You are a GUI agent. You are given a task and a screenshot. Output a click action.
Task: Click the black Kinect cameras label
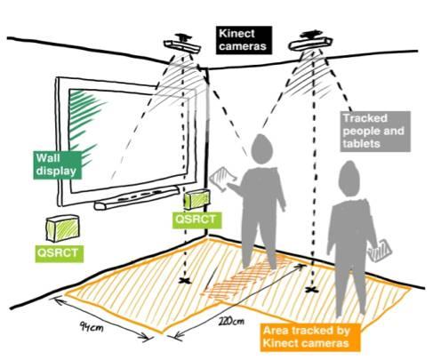pyautogui.click(x=244, y=40)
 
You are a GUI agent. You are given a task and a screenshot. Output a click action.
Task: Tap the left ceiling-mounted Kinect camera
pyautogui.click(x=182, y=44)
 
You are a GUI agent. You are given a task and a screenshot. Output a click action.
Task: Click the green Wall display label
pyautogui.click(x=57, y=164)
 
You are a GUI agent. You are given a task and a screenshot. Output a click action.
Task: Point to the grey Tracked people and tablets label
pyautogui.click(x=375, y=132)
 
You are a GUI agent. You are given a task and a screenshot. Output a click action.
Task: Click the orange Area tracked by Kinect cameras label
pyautogui.click(x=310, y=337)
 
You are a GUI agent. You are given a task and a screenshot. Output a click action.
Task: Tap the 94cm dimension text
pyautogui.click(x=92, y=327)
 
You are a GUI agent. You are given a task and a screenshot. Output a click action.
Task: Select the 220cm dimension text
pyautogui.click(x=232, y=321)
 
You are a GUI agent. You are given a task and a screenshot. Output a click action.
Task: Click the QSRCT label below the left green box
pyautogui.click(x=59, y=253)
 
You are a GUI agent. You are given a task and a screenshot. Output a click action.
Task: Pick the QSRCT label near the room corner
pyautogui.click(x=197, y=220)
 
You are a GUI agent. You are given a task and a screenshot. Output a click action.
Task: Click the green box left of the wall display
pyautogui.click(x=62, y=228)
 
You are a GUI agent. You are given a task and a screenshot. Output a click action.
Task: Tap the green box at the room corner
pyautogui.click(x=196, y=199)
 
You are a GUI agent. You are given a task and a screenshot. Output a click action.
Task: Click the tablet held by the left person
pyautogui.click(x=222, y=179)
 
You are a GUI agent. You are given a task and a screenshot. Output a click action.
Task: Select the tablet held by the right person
pyautogui.click(x=380, y=251)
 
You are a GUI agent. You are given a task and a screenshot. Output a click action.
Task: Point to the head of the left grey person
pyautogui.click(x=261, y=149)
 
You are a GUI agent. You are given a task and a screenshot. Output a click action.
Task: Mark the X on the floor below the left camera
pyautogui.click(x=186, y=281)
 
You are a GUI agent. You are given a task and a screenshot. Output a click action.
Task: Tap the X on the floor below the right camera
pyautogui.click(x=312, y=290)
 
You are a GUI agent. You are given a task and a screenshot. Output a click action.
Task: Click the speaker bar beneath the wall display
pyautogui.click(x=137, y=197)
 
